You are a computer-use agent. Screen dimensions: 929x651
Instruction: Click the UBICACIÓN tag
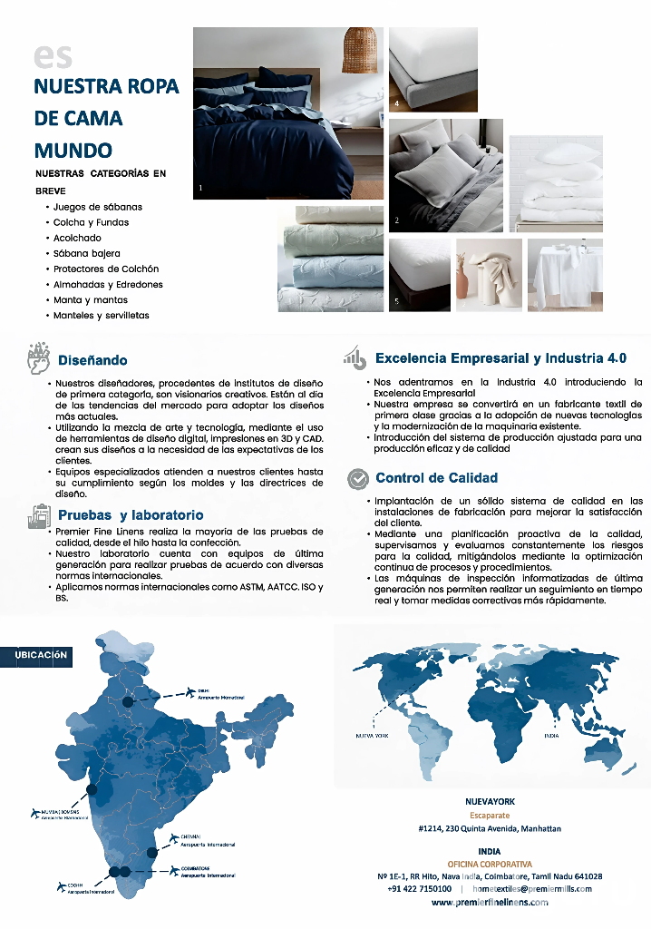[x=41, y=654]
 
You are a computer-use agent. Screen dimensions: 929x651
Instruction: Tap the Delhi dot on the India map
[x=128, y=700]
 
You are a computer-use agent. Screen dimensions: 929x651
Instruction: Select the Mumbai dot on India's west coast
[x=92, y=789]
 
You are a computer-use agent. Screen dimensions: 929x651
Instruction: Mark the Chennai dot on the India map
[x=153, y=853]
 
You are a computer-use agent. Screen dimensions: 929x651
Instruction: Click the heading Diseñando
[x=92, y=360]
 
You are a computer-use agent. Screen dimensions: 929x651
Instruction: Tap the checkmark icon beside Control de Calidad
[x=359, y=477]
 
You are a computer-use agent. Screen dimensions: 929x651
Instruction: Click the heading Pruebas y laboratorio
[x=131, y=515]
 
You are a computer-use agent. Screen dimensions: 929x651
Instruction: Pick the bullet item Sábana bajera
[x=86, y=253]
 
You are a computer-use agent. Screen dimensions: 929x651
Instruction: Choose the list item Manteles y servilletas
[x=101, y=315]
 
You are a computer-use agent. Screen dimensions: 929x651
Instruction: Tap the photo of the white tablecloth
[x=565, y=275]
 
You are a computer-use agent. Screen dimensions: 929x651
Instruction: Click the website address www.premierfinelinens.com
[x=490, y=903]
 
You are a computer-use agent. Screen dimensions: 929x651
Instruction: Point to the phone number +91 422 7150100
[x=419, y=889]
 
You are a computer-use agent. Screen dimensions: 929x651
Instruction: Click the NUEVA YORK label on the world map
[x=373, y=736]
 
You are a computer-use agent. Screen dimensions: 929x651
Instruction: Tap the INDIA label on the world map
[x=550, y=736]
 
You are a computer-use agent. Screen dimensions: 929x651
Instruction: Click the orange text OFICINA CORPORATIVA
[x=490, y=864]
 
